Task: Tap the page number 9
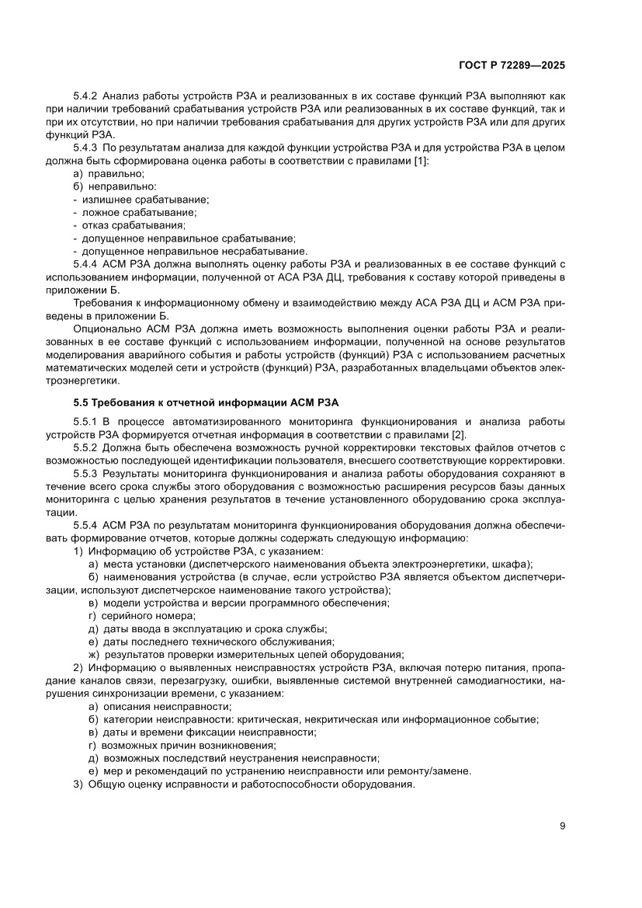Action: tap(562, 826)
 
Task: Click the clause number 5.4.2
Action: tap(85, 97)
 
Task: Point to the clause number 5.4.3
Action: tap(85, 147)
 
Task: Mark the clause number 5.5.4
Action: tap(85, 526)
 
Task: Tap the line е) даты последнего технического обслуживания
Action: tap(211, 641)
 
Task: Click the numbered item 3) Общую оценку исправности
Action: tap(244, 784)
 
